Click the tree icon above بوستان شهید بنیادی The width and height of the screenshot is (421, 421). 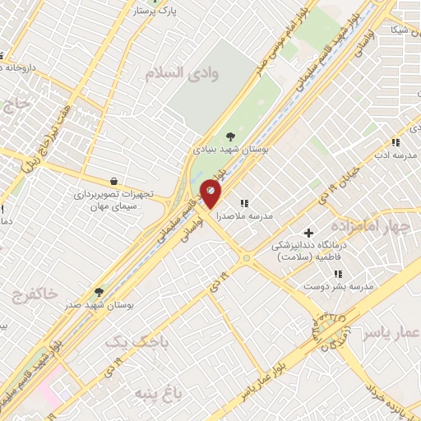coord(229,137)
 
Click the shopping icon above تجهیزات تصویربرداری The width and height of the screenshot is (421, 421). coord(113,181)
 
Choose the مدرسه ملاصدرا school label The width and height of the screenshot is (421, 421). coord(244,216)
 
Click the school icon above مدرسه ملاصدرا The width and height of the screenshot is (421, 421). coord(243,202)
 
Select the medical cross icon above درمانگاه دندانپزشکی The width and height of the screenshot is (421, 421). coord(309,233)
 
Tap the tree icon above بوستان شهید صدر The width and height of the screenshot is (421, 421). coord(99,291)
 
